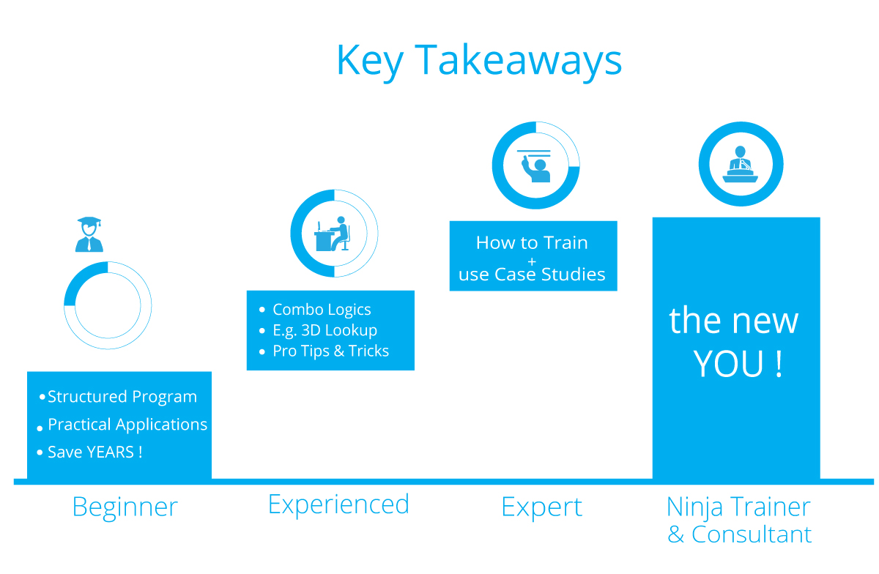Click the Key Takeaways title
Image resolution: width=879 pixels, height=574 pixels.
479,61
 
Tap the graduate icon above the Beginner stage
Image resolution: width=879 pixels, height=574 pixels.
89,234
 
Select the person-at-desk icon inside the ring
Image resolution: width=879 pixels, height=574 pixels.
333,234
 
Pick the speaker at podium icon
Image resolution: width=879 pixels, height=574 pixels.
741,164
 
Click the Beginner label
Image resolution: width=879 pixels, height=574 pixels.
125,507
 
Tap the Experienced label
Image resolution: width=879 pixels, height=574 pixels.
338,504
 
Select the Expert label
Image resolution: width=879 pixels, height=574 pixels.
542,507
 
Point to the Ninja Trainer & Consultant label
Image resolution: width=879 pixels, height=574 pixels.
739,520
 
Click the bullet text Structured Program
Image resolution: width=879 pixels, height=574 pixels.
122,397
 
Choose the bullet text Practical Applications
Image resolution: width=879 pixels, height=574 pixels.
127,425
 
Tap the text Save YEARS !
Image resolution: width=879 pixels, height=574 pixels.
94,452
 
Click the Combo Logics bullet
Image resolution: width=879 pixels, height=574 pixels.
322,310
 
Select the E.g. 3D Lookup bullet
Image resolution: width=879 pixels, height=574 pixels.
324,330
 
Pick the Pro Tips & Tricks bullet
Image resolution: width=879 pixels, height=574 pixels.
330,351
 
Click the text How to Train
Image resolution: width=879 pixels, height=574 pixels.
532,242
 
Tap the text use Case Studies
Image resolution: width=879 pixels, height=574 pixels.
532,275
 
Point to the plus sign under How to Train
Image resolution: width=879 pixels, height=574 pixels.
532,259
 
